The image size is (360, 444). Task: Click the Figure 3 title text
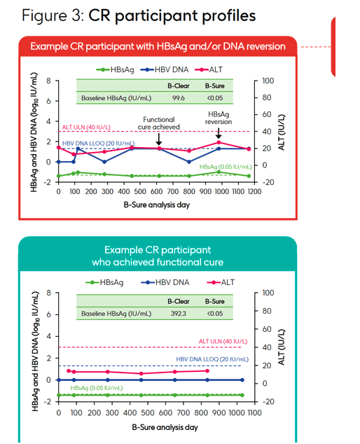[x=139, y=15]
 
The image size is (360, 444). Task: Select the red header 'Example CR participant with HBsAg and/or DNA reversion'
[x=158, y=46]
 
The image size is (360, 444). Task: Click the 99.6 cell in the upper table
[x=178, y=98]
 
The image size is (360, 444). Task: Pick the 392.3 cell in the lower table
[x=178, y=314]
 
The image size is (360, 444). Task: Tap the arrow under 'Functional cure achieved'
[x=159, y=139]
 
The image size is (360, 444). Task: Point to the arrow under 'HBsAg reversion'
[x=219, y=133]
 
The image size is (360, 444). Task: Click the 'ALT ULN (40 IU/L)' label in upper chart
[x=86, y=127]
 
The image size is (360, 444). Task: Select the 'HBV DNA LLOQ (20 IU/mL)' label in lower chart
[x=212, y=359]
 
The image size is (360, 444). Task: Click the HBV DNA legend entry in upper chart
[x=165, y=69]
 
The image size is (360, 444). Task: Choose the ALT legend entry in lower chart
[x=221, y=282]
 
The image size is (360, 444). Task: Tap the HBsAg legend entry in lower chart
[x=104, y=282]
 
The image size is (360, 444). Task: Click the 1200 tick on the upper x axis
[x=254, y=192]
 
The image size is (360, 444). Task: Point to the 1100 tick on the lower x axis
[x=254, y=412]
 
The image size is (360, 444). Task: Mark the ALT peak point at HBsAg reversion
[x=219, y=142]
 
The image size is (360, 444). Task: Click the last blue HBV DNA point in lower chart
[x=242, y=380]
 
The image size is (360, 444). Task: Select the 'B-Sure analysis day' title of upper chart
[x=157, y=204]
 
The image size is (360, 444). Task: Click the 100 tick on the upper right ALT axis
[x=268, y=81]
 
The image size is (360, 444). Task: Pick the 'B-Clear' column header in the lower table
[x=179, y=301]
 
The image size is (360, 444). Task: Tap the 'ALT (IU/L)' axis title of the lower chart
[x=282, y=347]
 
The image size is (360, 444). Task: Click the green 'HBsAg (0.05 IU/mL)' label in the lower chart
[x=97, y=388]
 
